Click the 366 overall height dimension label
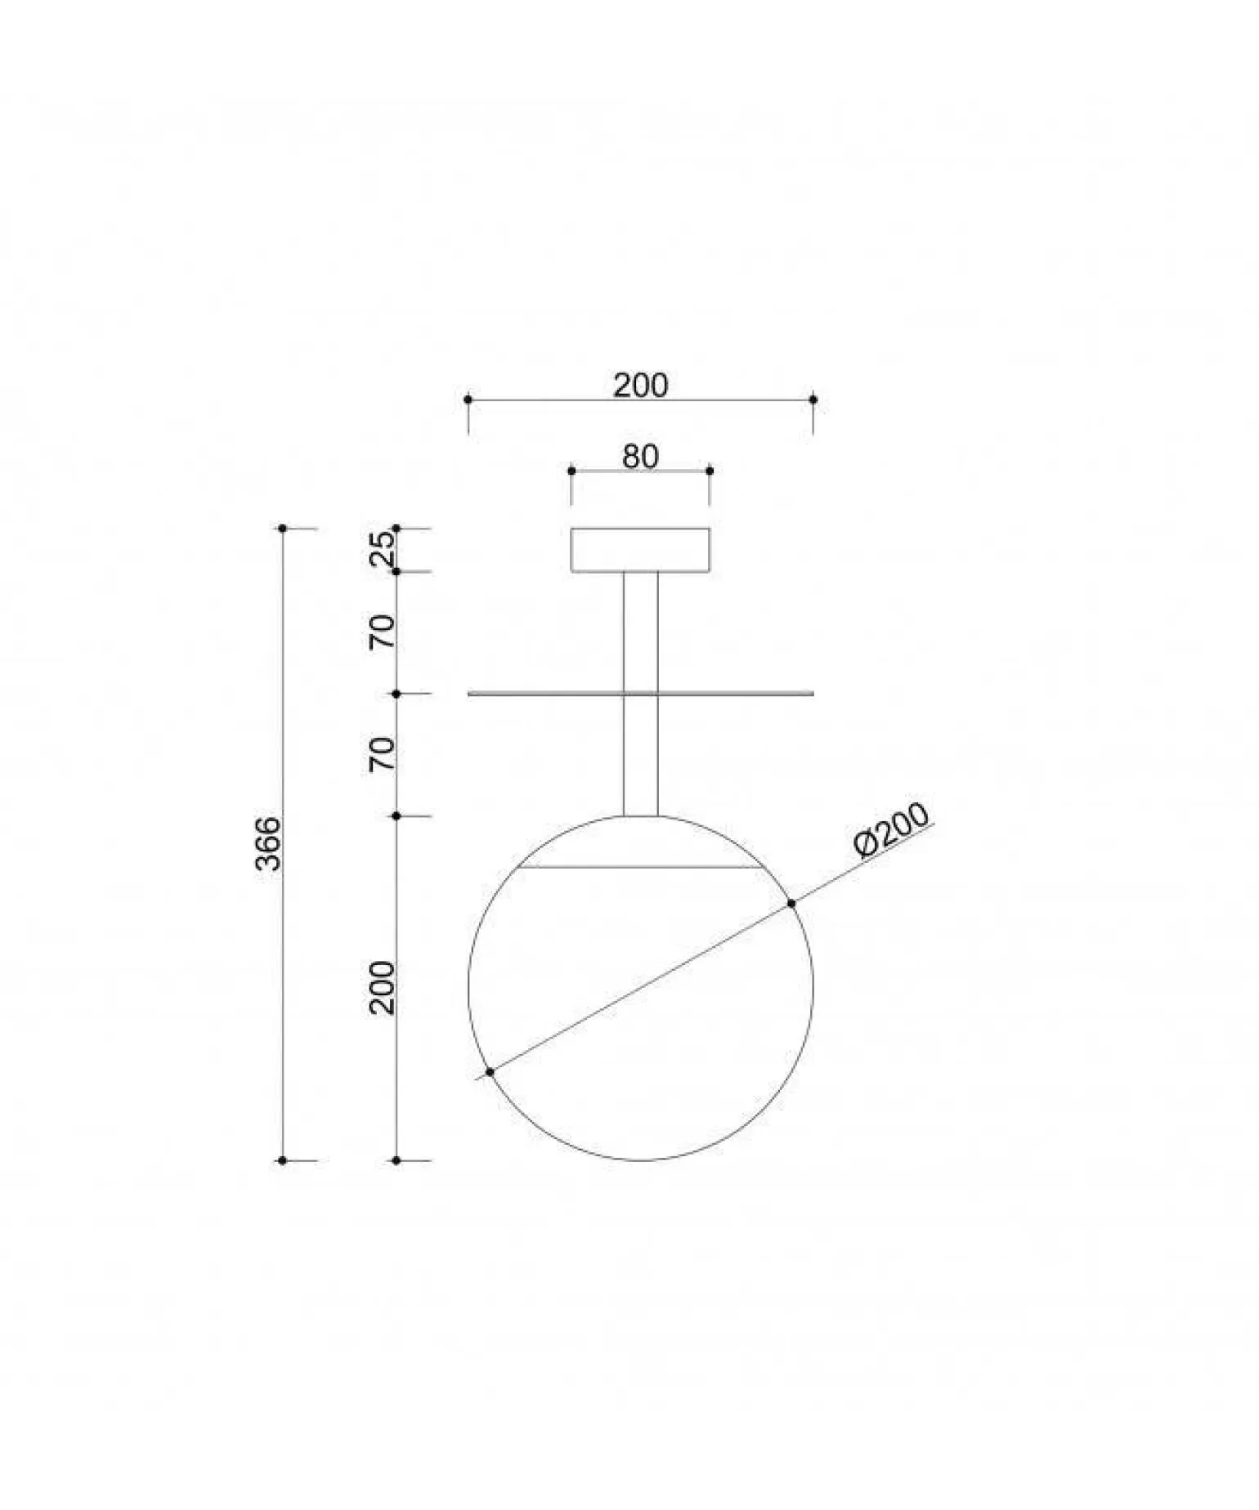[x=268, y=843]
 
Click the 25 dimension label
[x=383, y=549]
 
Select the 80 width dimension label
[x=640, y=457]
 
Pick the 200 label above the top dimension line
[x=640, y=385]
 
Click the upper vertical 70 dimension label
[x=382, y=632]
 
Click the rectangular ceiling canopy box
[x=640, y=550]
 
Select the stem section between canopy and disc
[x=640, y=632]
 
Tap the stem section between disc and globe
[x=640, y=756]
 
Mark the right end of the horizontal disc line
[x=812, y=694]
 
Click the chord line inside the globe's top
[x=640, y=868]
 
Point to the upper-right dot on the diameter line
[x=791, y=903]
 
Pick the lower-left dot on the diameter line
[x=490, y=1072]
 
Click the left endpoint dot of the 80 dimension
[x=571, y=471]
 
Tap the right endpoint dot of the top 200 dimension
[x=813, y=400]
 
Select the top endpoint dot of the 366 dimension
[x=283, y=529]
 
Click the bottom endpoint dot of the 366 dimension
[x=283, y=1160]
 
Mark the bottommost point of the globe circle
[x=641, y=1160]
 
